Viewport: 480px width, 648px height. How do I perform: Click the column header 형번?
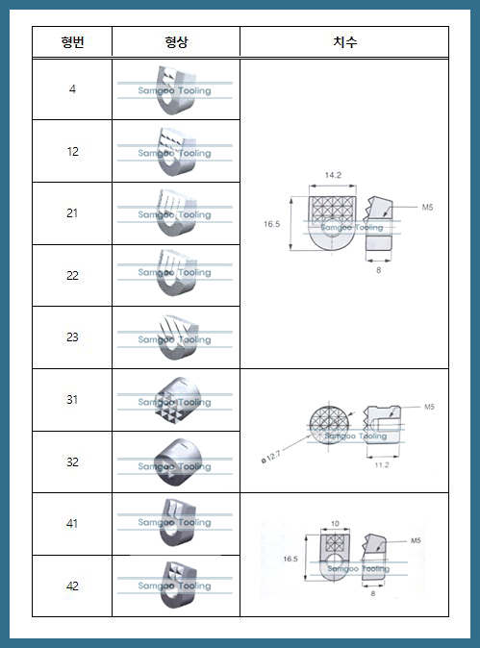coord(72,42)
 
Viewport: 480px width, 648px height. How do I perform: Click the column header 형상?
coord(175,42)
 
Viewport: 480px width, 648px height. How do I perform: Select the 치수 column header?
coord(344,42)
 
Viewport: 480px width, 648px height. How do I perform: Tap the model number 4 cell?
coord(72,89)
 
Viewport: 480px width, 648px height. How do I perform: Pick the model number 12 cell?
coord(72,152)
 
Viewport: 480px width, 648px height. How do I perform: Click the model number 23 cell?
coord(72,337)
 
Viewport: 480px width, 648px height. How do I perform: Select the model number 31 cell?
coord(72,400)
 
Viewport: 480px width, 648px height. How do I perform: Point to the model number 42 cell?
coord(72,586)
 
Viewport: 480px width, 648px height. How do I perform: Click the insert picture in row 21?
coord(175,212)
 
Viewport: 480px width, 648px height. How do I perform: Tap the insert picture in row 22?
coord(175,274)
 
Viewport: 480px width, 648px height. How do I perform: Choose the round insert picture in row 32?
coord(175,461)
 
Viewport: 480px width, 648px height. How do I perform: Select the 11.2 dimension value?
coord(381,464)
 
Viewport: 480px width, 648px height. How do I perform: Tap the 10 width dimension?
coord(335,525)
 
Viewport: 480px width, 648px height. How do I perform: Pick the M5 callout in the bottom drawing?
coord(416,541)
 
